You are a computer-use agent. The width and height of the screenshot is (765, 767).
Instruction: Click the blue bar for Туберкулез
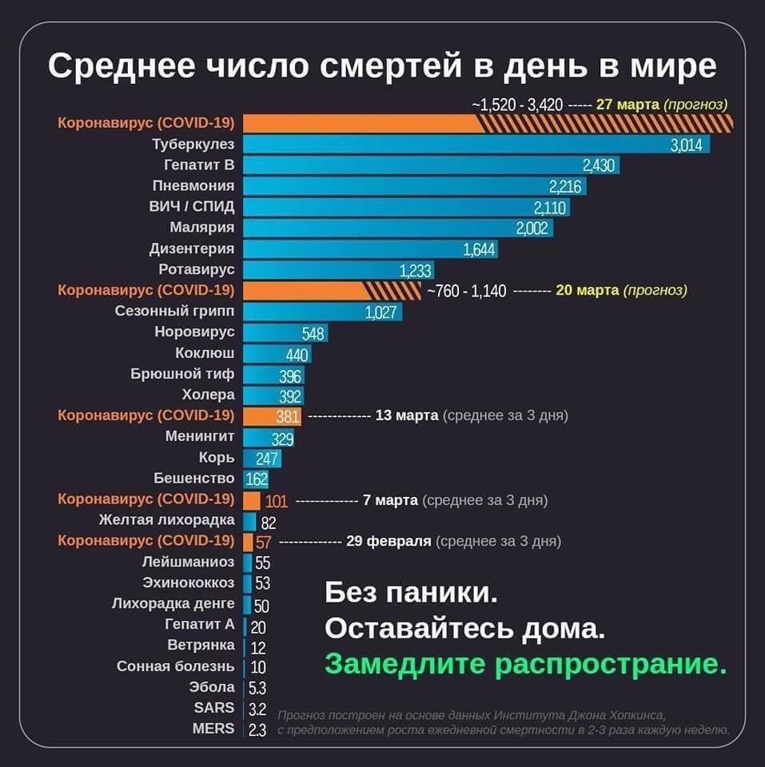coord(476,145)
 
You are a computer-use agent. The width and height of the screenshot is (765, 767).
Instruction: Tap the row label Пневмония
coord(193,186)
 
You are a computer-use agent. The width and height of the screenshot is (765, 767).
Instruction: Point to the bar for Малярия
coord(397,228)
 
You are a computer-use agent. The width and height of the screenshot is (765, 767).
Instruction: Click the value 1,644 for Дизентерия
coord(480,249)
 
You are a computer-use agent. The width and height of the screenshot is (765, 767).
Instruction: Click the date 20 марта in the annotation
coord(587,291)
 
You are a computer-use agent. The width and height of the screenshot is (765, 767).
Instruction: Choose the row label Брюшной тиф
coord(183,374)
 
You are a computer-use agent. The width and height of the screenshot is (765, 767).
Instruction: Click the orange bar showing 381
coord(272,416)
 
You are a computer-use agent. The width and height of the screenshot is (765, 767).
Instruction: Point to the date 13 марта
coord(406,415)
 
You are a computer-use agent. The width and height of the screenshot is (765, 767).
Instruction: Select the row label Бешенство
coord(194,479)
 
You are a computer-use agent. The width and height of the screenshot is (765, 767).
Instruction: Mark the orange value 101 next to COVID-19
coord(276,501)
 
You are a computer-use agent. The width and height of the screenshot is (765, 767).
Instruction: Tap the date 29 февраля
coord(388,541)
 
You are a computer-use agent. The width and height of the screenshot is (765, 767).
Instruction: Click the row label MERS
coord(213,729)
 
